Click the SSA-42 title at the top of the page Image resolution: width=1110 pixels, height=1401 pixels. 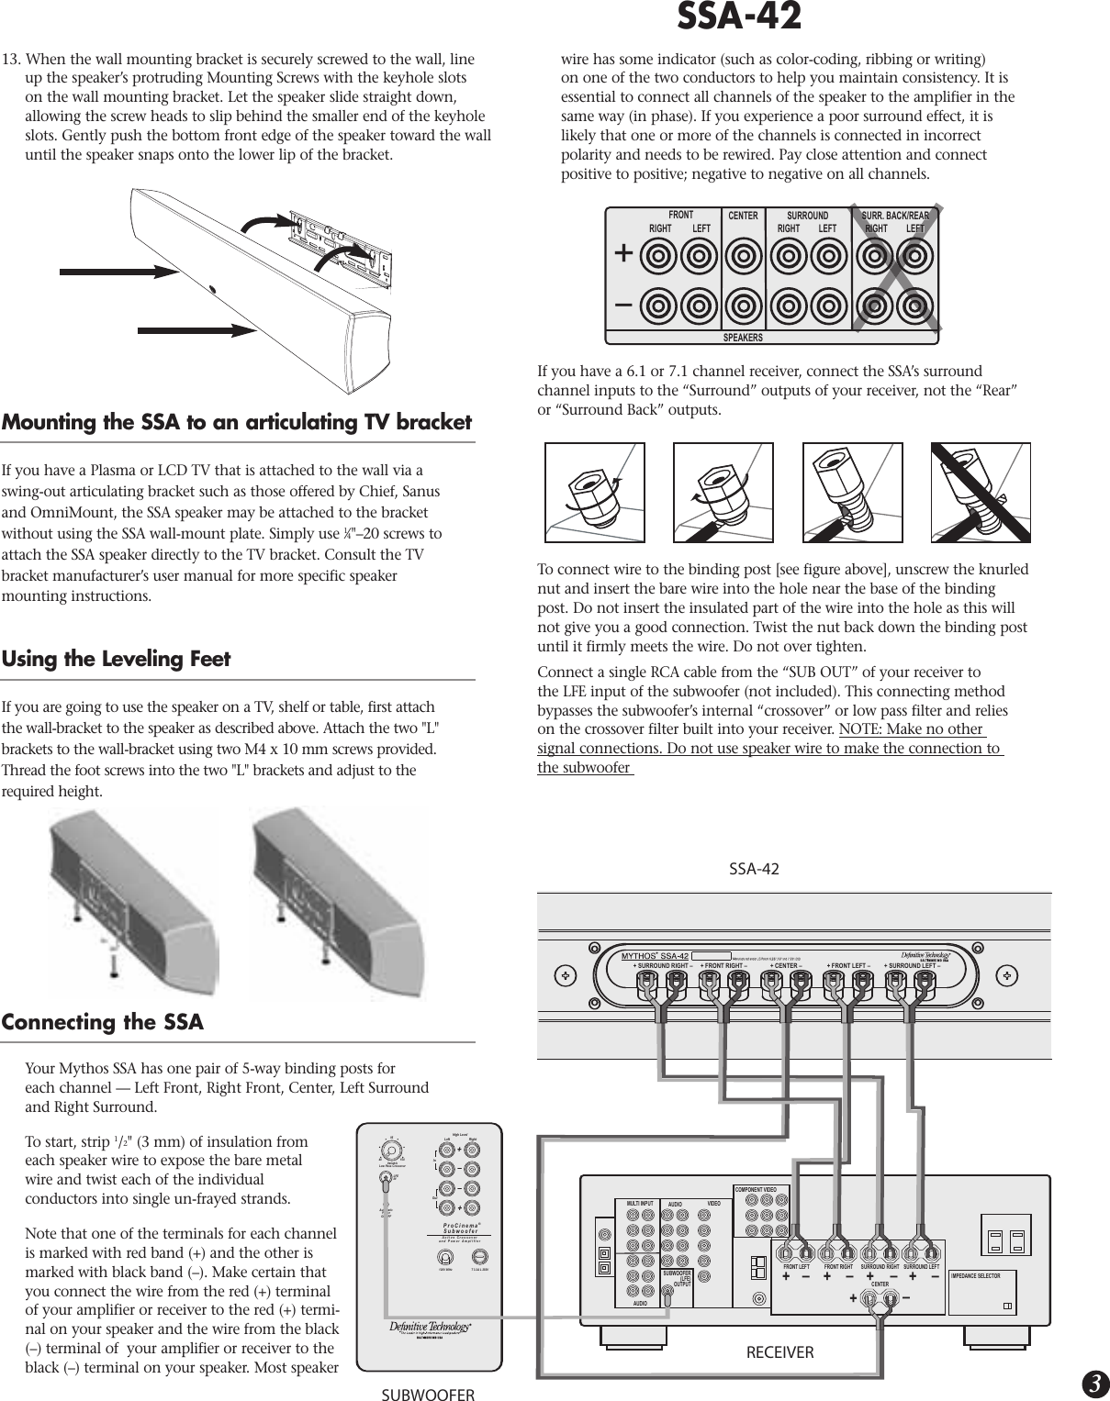738,17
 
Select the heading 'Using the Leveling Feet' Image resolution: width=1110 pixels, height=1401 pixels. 117,659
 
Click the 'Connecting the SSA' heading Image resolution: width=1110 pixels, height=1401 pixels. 103,1022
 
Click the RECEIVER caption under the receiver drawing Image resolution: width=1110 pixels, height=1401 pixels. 779,1351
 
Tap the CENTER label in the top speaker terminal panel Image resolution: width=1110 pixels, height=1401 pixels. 743,217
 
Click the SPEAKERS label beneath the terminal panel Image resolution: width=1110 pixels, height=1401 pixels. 743,338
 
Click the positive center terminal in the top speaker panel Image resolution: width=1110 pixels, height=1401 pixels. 743,254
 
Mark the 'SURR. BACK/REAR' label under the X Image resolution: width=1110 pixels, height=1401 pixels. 895,217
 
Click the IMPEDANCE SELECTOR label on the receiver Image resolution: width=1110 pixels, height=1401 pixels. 988,1276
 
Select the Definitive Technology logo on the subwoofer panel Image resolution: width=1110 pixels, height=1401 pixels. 429,1327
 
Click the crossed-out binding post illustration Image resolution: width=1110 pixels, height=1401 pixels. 981,493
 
